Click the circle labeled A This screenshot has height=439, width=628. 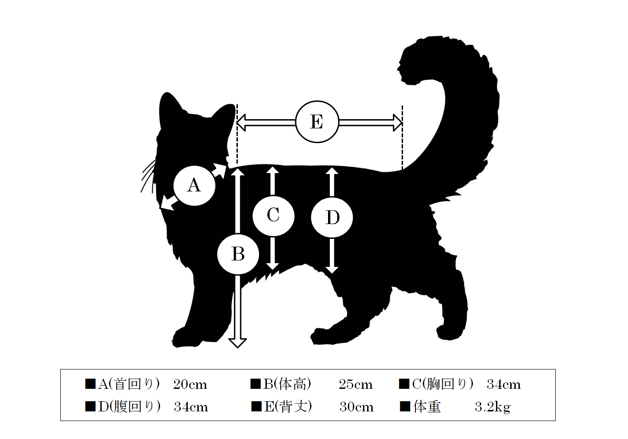194,185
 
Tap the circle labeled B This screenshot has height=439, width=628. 238,254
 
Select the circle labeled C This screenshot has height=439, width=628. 273,215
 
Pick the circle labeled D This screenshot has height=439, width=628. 332,217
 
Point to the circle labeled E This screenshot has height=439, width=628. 317,121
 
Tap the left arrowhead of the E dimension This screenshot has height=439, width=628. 242,122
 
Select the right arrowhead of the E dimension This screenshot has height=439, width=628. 398,122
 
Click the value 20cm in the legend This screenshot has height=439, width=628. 190,384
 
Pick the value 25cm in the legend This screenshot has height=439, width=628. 356,384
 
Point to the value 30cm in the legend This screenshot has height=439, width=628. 357,407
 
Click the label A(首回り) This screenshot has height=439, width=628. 129,384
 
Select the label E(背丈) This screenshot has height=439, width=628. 288,406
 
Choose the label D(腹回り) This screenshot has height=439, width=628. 129,406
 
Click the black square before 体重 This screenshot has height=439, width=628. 405,406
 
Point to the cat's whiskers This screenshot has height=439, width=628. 148,176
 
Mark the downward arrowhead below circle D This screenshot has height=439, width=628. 332,269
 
